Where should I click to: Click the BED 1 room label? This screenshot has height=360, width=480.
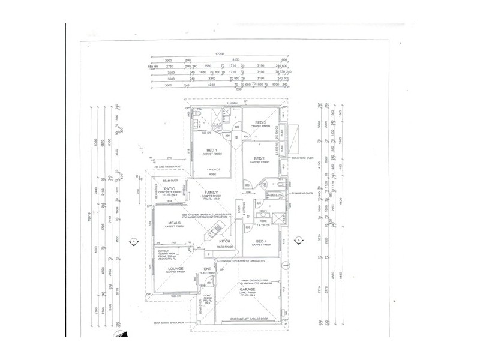211,150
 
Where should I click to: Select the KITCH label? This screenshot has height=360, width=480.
217,241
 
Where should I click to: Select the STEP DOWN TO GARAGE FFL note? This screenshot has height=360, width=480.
247,262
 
